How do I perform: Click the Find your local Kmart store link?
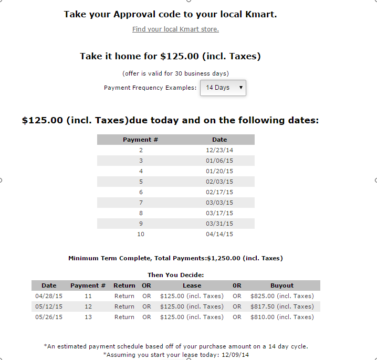[175, 29]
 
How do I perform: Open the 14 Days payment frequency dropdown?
[223, 88]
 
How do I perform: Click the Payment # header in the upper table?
[141, 140]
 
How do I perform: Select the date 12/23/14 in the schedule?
[219, 150]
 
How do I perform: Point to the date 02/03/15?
[219, 182]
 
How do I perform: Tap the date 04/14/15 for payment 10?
[219, 234]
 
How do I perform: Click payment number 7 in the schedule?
[141, 203]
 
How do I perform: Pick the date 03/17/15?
[219, 213]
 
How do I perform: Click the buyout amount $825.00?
[282, 296]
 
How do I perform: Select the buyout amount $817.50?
[282, 306]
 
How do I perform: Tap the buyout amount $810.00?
[282, 317]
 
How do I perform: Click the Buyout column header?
[282, 285]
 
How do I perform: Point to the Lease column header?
[192, 285]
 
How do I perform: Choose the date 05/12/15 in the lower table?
[49, 306]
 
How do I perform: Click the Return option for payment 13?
[124, 317]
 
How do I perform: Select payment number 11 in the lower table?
[88, 296]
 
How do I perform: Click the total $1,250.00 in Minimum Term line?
[227, 258]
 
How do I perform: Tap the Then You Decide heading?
[175, 275]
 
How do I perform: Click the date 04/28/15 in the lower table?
[49, 296]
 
